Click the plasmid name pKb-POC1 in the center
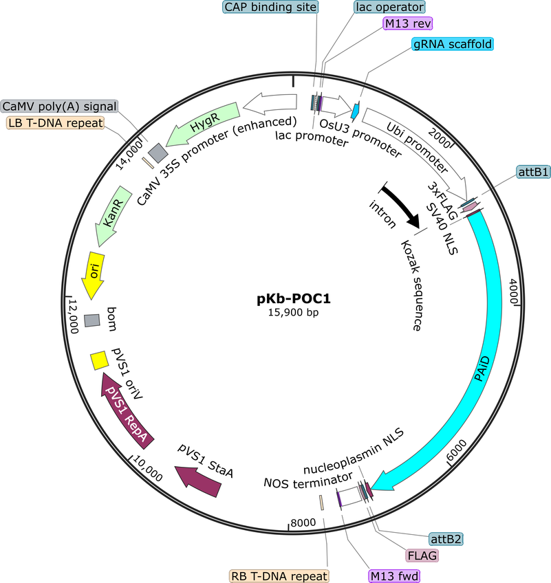tap(294, 298)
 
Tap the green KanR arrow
tap(114, 217)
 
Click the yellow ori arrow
tap(93, 275)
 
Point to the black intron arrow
tap(400, 207)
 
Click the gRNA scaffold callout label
tap(453, 44)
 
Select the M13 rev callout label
tap(408, 23)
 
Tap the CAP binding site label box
tap(270, 7)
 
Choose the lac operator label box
tap(389, 7)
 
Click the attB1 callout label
tap(534, 172)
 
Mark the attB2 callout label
tap(445, 539)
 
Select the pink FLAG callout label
tap(422, 555)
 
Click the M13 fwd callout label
tap(394, 576)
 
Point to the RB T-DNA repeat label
tap(279, 576)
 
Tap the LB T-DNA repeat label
tap(55, 122)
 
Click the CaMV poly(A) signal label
tap(59, 107)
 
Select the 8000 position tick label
tap(303, 522)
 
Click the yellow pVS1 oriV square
tap(100, 360)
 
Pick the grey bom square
tap(92, 320)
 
